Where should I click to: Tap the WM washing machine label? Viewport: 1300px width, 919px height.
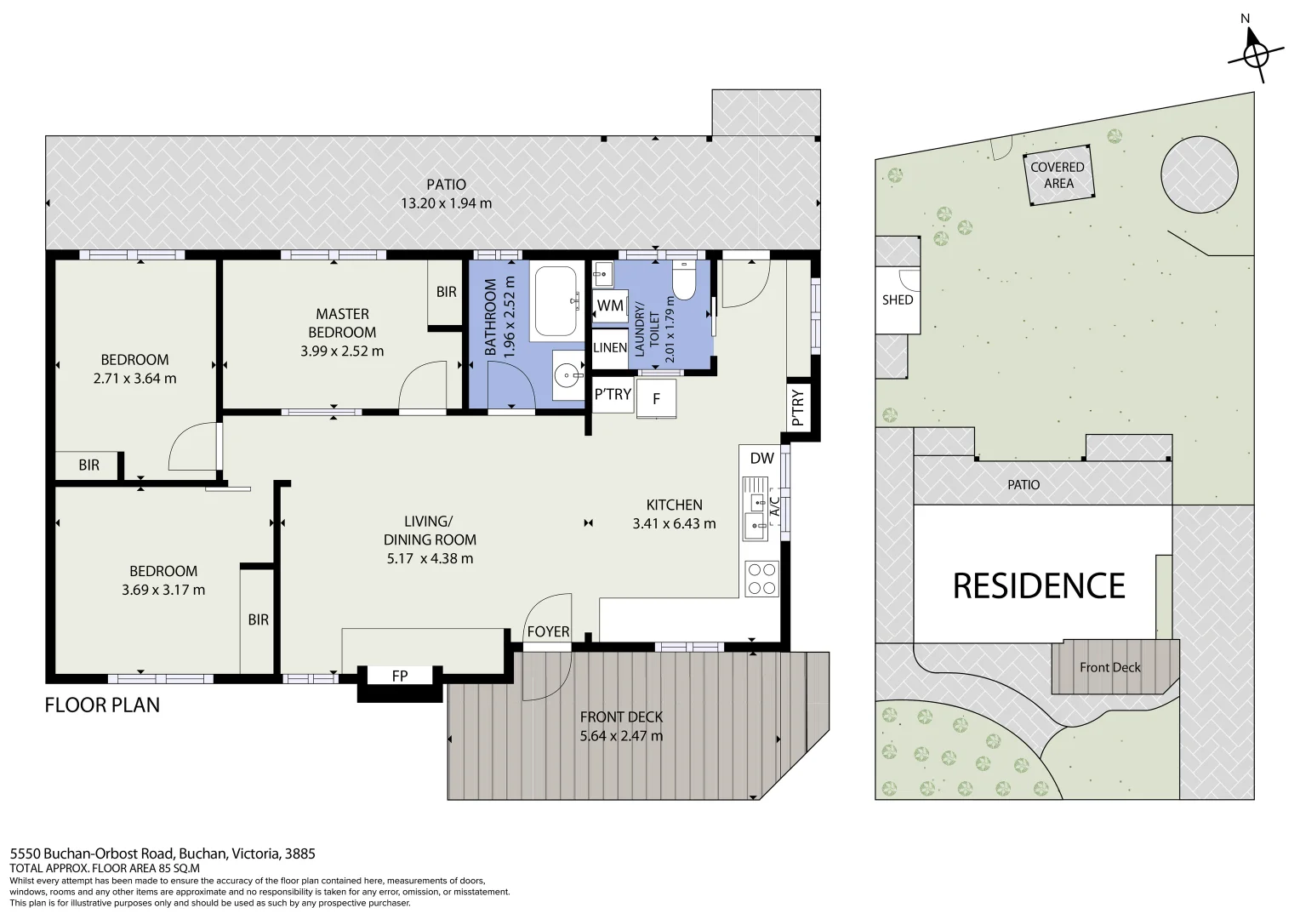point(609,305)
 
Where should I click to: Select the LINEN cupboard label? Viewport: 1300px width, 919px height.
point(609,347)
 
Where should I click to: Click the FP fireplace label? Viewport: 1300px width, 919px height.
point(399,676)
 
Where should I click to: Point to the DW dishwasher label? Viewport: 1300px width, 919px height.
point(761,458)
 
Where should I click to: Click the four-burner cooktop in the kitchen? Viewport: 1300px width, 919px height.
point(761,579)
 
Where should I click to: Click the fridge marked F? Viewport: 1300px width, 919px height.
point(656,397)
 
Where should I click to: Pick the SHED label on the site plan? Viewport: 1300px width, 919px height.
point(898,300)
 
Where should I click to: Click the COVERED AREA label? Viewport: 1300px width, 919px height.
point(1058,175)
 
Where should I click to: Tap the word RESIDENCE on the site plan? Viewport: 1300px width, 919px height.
point(1039,586)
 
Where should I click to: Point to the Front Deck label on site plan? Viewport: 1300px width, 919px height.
point(1109,667)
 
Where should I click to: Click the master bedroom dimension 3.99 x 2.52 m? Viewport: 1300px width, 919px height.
point(342,351)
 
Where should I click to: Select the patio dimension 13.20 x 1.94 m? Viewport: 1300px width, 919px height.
point(446,203)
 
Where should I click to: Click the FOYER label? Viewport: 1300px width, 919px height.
point(548,631)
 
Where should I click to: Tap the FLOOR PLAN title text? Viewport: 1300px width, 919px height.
point(102,705)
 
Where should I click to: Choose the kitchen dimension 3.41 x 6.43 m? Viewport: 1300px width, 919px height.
point(674,523)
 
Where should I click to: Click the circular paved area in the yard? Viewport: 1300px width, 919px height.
point(1199,174)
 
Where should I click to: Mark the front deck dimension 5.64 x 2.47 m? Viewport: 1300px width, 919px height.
point(621,736)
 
